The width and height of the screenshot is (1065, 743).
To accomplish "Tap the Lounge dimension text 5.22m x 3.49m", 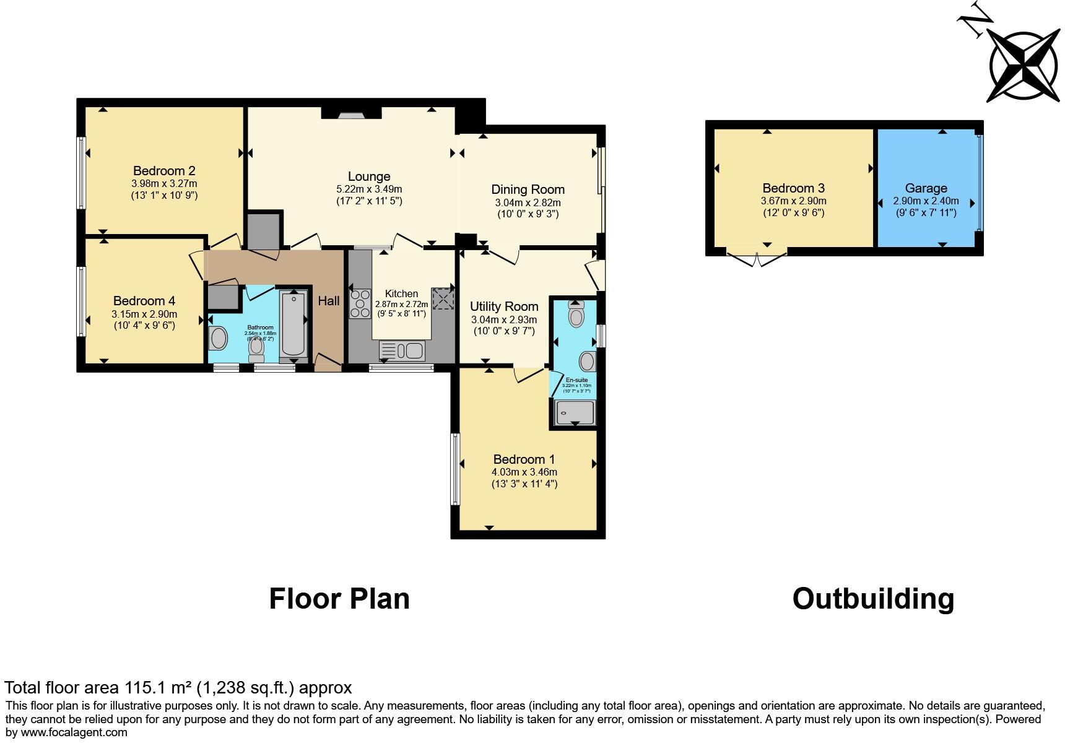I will click(369, 189).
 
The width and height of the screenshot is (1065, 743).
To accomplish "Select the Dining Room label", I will click(528, 189).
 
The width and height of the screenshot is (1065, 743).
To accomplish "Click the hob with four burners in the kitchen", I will click(359, 303).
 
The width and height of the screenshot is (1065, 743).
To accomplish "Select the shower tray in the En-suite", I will click(575, 412).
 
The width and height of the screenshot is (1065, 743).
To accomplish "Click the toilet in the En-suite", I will click(576, 315).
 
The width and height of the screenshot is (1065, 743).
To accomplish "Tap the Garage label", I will click(926, 188).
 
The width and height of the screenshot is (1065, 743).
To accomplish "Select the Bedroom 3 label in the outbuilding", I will click(793, 188).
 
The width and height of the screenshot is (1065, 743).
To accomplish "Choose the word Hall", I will click(329, 301).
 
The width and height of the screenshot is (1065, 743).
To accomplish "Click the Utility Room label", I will click(503, 306).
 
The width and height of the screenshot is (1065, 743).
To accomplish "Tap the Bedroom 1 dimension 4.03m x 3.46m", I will click(524, 472).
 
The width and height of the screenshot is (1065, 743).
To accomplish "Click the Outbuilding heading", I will click(873, 599).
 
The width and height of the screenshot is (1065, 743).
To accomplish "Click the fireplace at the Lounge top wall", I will click(351, 114).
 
